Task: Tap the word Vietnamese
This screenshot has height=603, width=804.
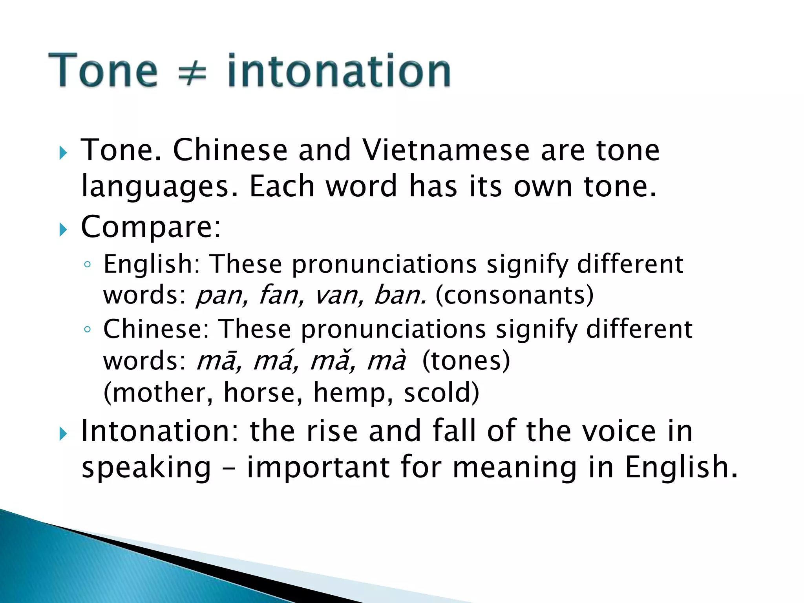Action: [x=446, y=150]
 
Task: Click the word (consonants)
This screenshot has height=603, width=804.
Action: [x=515, y=296]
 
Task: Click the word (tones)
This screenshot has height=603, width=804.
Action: [x=466, y=361]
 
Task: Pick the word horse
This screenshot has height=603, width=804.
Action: [x=263, y=393]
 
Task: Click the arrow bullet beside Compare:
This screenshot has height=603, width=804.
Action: [x=63, y=230]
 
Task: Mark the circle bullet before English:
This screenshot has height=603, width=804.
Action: [x=88, y=265]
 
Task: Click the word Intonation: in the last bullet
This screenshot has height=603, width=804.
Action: [x=159, y=431]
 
